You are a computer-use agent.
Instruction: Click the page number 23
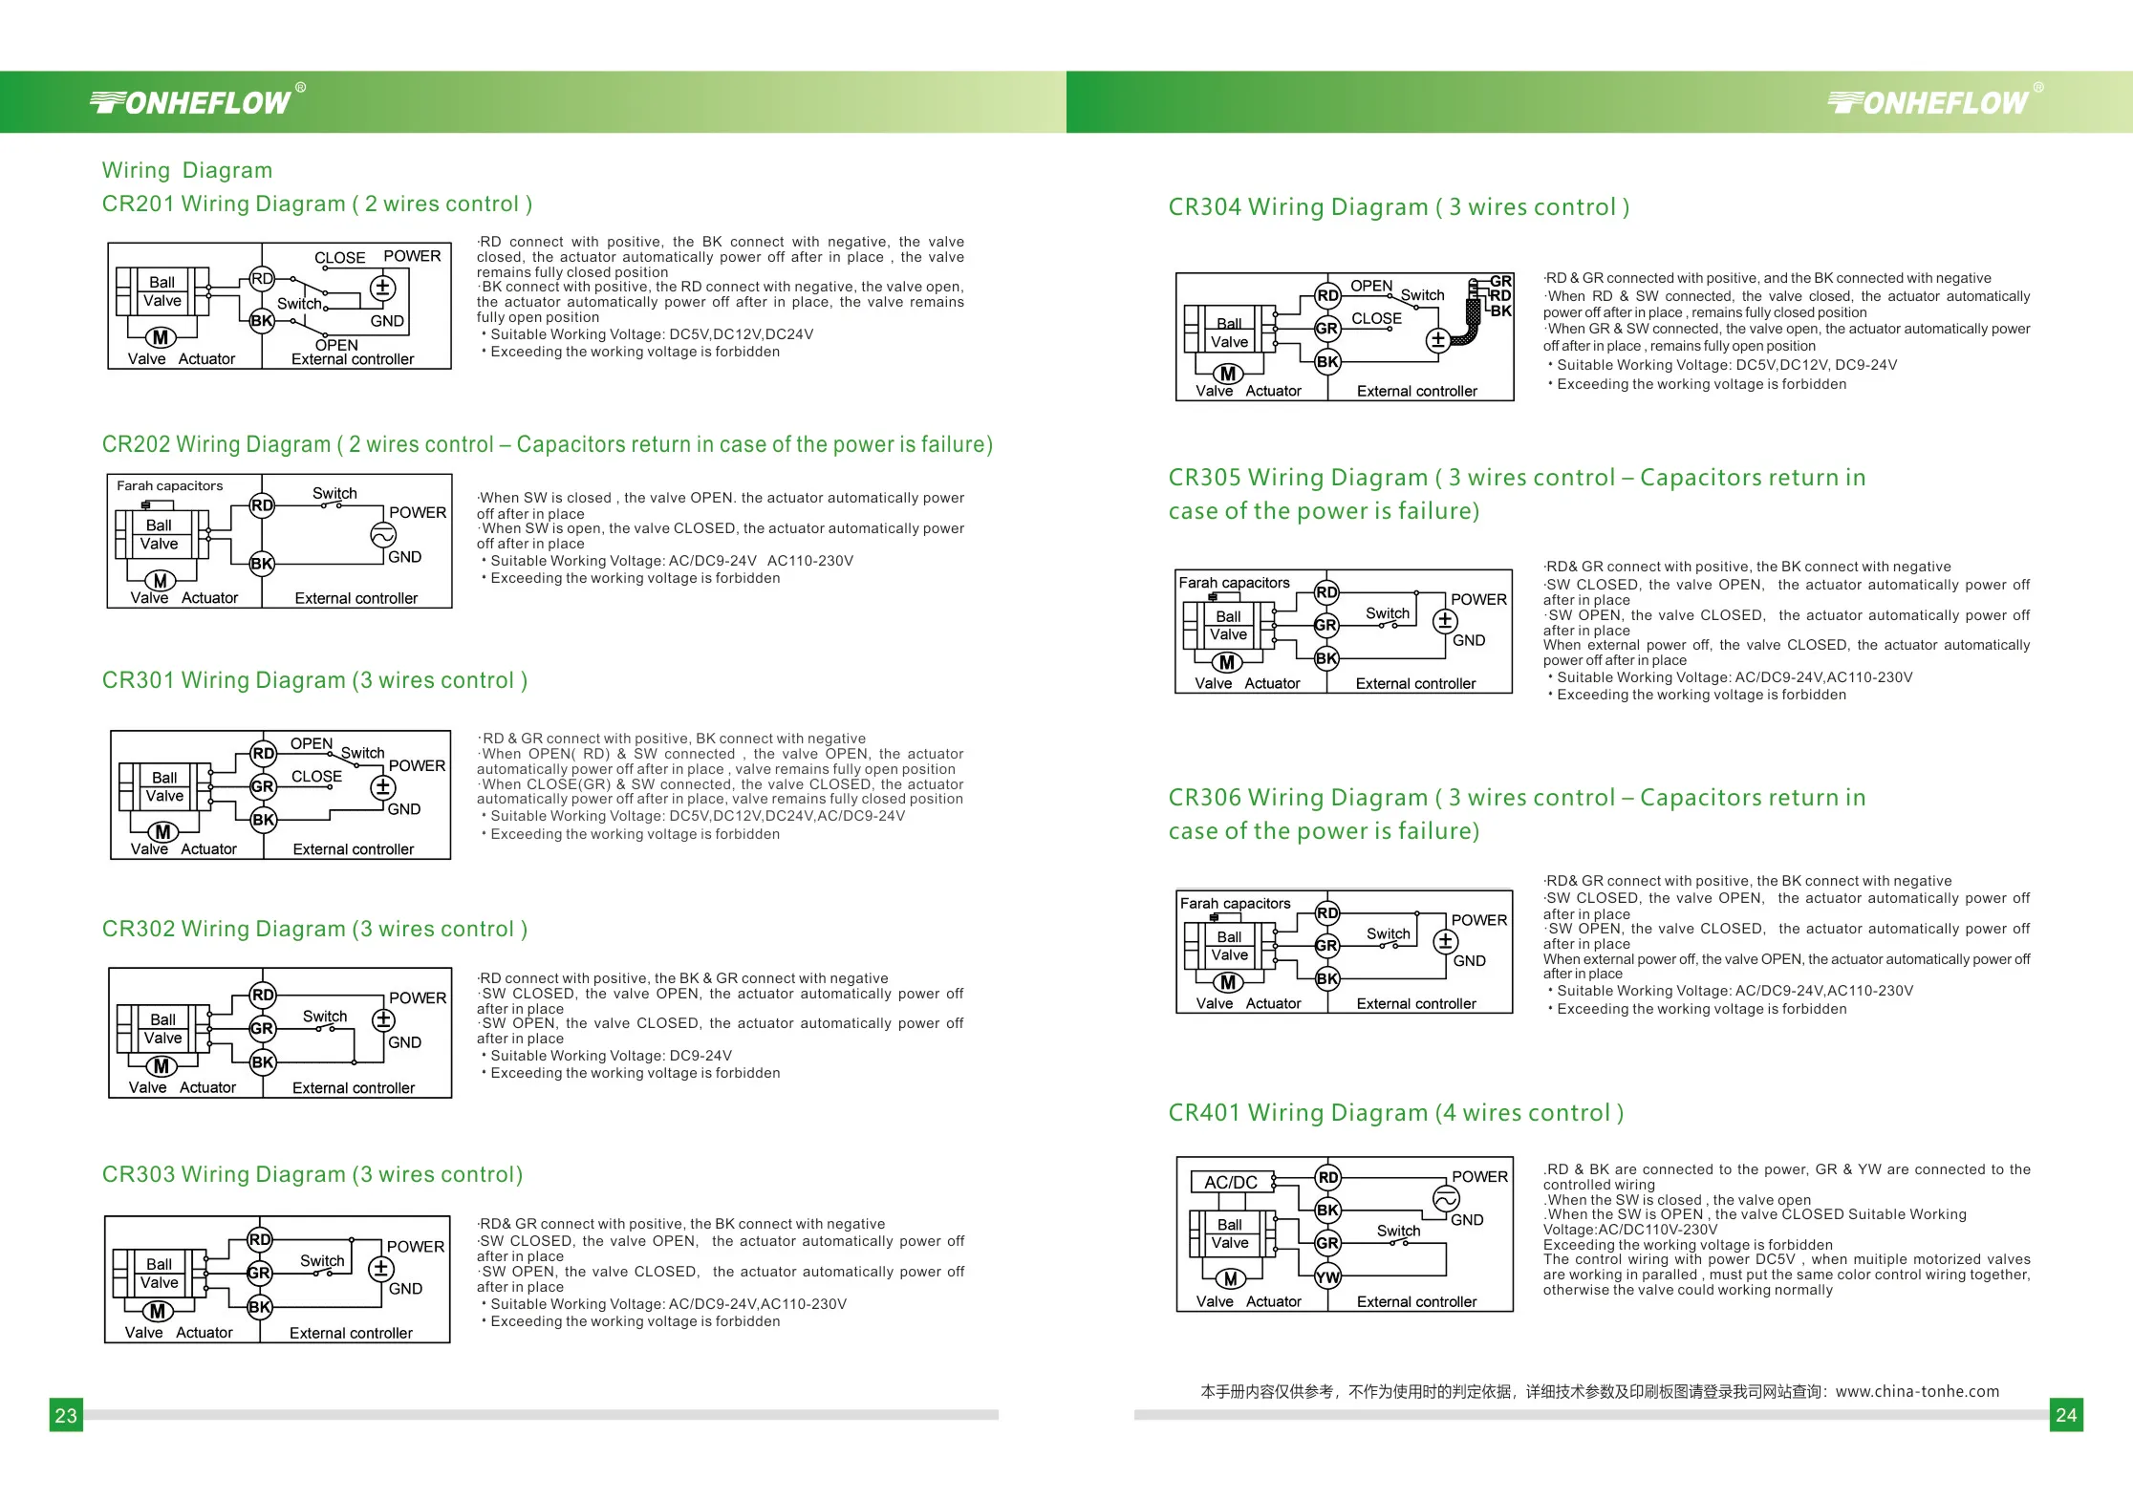coord(66,1415)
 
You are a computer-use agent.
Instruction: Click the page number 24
coord(2066,1415)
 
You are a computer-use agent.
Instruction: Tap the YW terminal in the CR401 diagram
coord(1327,1276)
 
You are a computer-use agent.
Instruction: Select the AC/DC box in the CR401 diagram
coord(1231,1182)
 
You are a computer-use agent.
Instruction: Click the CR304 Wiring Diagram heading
coord(1398,207)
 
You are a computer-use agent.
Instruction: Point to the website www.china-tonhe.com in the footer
coord(1917,1391)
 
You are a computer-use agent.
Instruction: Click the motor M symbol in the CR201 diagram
coord(161,337)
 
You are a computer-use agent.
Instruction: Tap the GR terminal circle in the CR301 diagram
coord(263,786)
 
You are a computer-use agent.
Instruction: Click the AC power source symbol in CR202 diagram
coord(383,535)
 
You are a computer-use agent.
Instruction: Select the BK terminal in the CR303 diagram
coord(259,1306)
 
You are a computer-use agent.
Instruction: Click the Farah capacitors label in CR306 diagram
coord(1235,903)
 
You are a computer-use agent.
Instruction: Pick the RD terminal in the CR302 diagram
coord(263,995)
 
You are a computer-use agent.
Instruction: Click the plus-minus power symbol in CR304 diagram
coord(1437,339)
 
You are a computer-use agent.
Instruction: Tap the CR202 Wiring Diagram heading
coord(547,444)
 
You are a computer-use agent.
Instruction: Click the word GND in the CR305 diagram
coord(1469,640)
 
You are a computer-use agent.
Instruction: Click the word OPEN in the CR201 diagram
coord(336,345)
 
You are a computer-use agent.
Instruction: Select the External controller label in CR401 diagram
coord(1416,1301)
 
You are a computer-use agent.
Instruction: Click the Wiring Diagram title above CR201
coord(187,170)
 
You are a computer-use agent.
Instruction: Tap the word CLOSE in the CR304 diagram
coord(1376,318)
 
